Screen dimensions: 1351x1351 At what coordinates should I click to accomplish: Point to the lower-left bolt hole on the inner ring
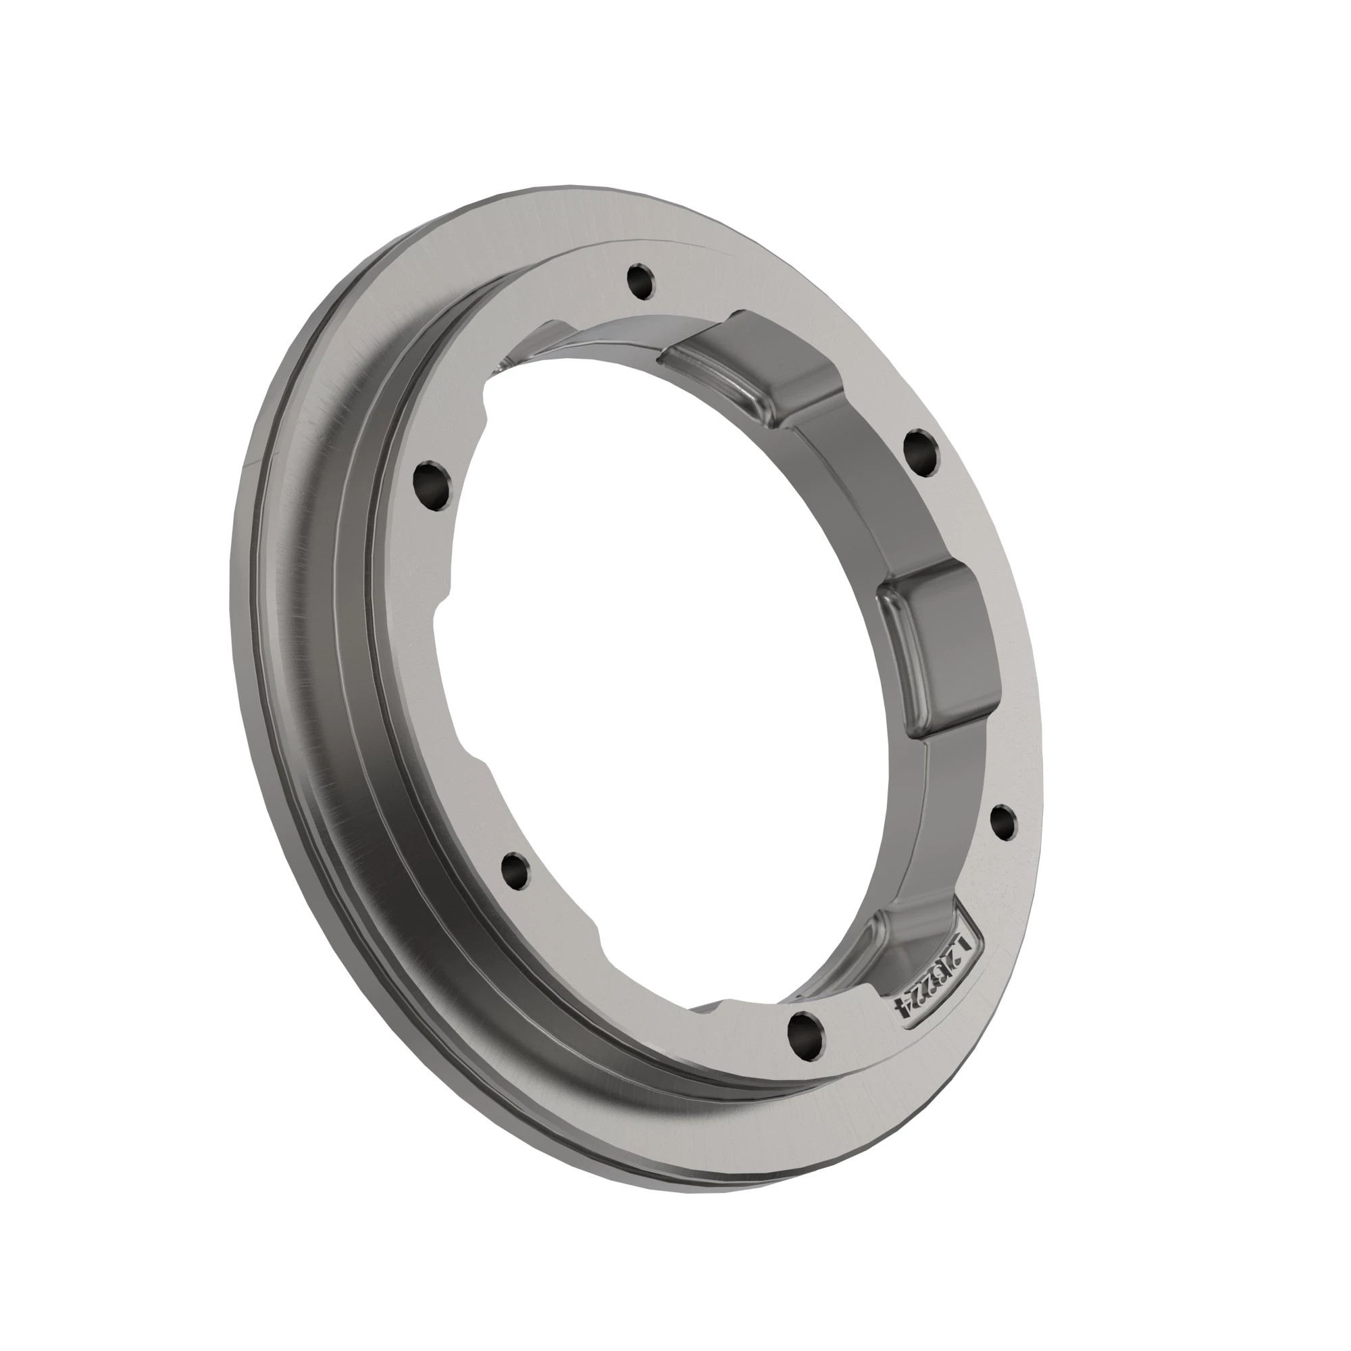point(515,870)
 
